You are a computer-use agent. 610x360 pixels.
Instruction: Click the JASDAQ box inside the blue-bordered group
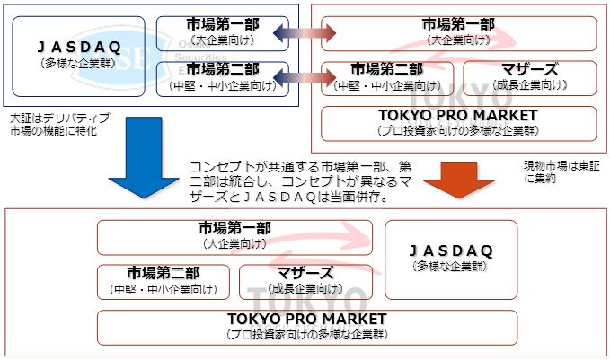(79, 56)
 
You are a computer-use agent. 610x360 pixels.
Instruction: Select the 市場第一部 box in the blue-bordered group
(222, 32)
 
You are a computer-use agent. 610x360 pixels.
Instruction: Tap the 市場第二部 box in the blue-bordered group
(222, 77)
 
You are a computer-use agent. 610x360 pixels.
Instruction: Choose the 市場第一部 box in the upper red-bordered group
(458, 32)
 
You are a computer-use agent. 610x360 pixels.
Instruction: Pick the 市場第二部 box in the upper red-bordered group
(387, 77)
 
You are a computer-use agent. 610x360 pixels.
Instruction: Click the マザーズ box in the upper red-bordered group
(529, 77)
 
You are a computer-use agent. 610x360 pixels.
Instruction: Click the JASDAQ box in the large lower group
(451, 259)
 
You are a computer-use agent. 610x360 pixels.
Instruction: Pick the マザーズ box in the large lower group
(305, 281)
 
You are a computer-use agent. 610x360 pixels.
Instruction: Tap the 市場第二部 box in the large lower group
(164, 281)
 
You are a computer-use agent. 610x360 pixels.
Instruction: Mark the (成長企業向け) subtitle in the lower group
(305, 289)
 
